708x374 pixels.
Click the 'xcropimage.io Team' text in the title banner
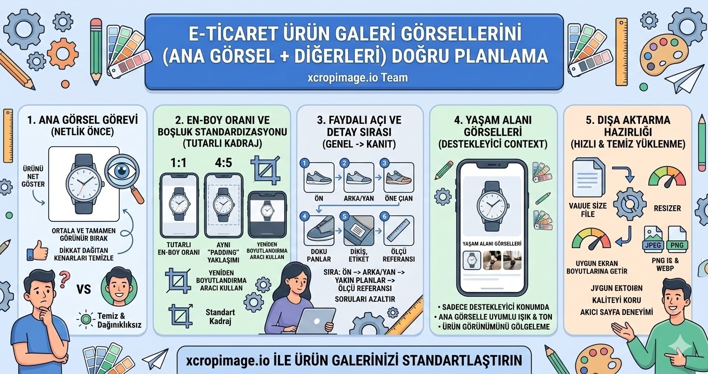point(354,78)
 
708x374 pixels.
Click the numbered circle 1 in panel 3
point(306,163)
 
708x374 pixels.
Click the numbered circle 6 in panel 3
point(383,216)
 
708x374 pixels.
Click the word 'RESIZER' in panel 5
point(667,208)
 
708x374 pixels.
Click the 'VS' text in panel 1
point(84,289)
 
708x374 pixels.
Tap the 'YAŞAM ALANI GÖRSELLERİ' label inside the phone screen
point(491,244)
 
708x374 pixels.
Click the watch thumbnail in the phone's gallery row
point(471,261)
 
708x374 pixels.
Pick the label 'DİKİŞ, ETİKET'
point(358,255)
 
